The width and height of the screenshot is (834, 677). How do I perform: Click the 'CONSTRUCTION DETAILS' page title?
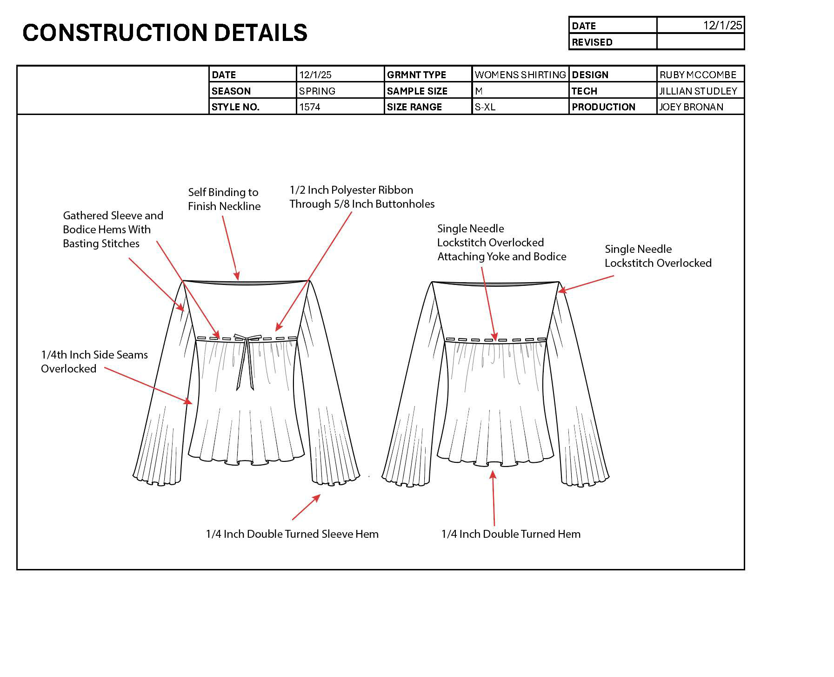click(x=165, y=33)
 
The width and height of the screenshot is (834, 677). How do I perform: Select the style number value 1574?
click(x=310, y=107)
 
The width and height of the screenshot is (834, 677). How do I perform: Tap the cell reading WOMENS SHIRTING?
click(x=520, y=74)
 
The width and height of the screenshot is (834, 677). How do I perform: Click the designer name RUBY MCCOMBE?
click(x=698, y=74)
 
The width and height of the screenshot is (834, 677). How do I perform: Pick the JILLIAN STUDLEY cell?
click(x=698, y=91)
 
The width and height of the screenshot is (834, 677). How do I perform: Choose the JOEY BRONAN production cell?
click(x=691, y=107)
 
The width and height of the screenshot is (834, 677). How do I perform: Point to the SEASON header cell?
click(x=231, y=91)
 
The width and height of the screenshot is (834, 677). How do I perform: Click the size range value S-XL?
click(x=485, y=107)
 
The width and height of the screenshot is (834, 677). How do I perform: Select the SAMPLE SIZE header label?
click(x=417, y=91)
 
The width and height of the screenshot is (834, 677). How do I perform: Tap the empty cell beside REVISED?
click(x=700, y=42)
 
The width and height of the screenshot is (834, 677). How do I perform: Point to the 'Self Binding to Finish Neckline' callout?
click(x=224, y=199)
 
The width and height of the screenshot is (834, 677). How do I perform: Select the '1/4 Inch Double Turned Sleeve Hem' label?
click(x=292, y=534)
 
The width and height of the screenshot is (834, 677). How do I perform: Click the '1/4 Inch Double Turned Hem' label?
click(x=511, y=534)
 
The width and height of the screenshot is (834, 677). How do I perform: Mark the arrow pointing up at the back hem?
click(x=494, y=498)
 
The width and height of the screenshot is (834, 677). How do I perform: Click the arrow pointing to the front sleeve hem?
click(x=307, y=507)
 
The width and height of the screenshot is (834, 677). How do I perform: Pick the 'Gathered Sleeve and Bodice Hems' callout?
click(x=113, y=230)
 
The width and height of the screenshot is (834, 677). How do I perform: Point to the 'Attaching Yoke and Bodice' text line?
click(x=501, y=257)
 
